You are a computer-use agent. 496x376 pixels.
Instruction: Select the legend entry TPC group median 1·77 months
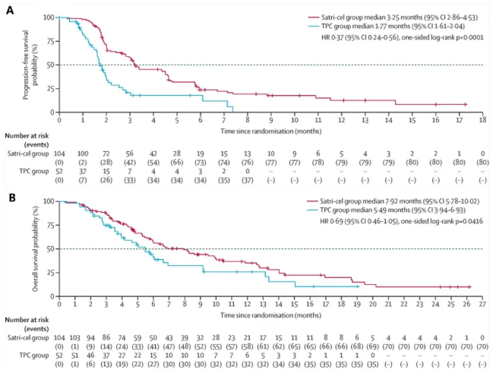(375, 25)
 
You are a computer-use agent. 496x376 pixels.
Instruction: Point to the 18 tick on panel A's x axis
(483, 119)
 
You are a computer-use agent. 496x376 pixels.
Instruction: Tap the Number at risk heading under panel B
(27, 320)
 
